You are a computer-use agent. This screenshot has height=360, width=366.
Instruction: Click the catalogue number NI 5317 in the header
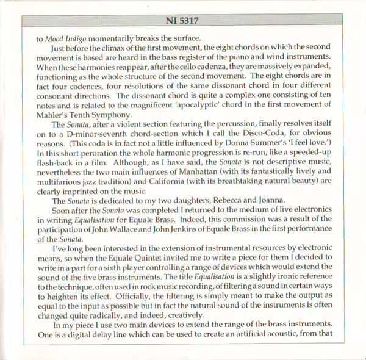(184, 24)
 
